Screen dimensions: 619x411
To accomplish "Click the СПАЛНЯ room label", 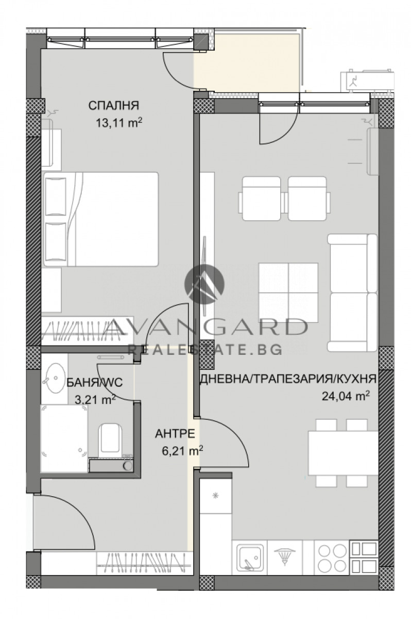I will pyautogui.click(x=114, y=106).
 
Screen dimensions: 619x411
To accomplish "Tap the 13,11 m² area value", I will pyautogui.click(x=118, y=123).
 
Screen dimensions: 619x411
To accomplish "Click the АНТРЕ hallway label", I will pyautogui.click(x=175, y=434).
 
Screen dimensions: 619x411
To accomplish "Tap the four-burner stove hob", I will pyautogui.click(x=332, y=557).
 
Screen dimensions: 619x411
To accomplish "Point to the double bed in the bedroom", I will pyautogui.click(x=101, y=219).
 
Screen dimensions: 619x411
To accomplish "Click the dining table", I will pyautogui.click(x=342, y=452).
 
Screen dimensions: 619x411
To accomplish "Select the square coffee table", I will pyautogui.click(x=288, y=285).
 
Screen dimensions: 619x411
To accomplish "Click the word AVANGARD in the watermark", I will pyautogui.click(x=207, y=327).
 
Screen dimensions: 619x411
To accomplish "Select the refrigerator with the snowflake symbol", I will pyautogui.click(x=216, y=496).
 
